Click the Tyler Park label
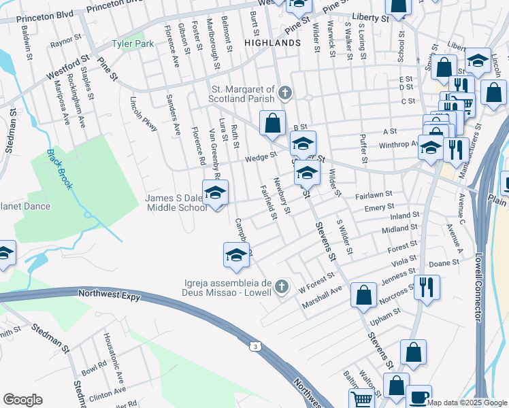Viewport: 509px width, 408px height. (133, 44)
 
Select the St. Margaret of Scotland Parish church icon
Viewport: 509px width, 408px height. (286, 91)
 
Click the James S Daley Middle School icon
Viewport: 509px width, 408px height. (215, 193)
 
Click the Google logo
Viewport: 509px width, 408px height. (22, 399)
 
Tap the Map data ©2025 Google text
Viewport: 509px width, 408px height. (467, 403)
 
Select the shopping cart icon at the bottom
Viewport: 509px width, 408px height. (362, 399)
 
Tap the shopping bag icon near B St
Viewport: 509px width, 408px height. (272, 123)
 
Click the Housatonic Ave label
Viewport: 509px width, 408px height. (111, 364)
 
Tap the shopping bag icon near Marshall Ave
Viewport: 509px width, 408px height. (364, 294)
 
